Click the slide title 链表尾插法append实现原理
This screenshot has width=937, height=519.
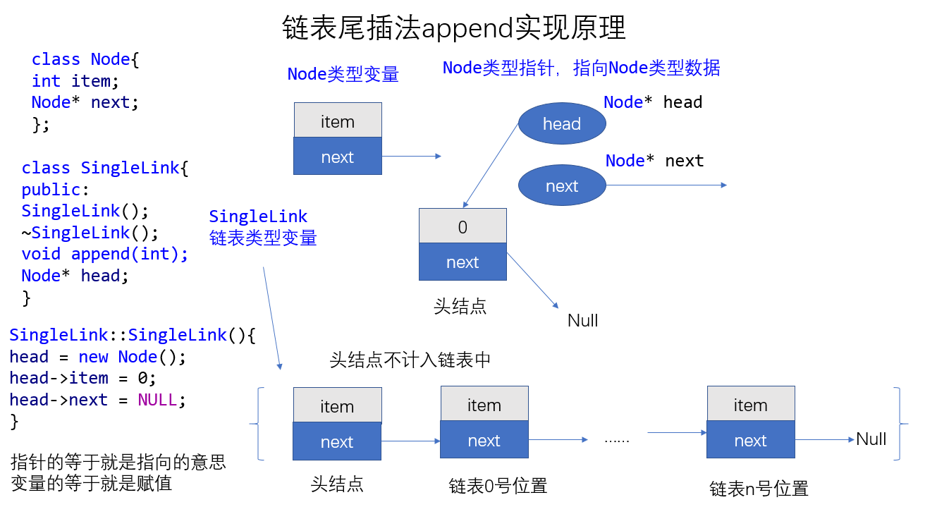pyautogui.click(x=454, y=28)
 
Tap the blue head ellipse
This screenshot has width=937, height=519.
pyautogui.click(x=562, y=124)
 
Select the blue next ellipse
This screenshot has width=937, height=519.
pyautogui.click(x=562, y=186)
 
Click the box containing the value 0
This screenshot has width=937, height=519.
pyautogui.click(x=463, y=226)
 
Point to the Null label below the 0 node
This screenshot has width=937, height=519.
pyautogui.click(x=582, y=320)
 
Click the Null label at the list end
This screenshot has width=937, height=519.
pyautogui.click(x=871, y=439)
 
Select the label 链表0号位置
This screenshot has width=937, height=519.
pyautogui.click(x=498, y=486)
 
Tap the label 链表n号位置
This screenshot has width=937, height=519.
pyautogui.click(x=759, y=489)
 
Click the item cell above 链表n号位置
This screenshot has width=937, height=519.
pyautogui.click(x=750, y=405)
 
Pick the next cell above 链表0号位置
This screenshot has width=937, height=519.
pyautogui.click(x=484, y=441)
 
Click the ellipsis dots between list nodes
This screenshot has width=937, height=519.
pyautogui.click(x=616, y=440)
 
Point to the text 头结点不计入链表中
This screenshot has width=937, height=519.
pyautogui.click(x=410, y=360)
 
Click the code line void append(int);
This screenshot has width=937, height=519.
pyautogui.click(x=105, y=254)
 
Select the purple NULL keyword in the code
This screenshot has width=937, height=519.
pyautogui.click(x=157, y=400)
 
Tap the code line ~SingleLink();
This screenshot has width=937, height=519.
pyautogui.click(x=90, y=233)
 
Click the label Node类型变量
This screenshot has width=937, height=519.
pyautogui.click(x=343, y=74)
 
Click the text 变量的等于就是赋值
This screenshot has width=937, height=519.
pyautogui.click(x=92, y=484)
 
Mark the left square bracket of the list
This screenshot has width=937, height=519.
pyautogui.click(x=259, y=424)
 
